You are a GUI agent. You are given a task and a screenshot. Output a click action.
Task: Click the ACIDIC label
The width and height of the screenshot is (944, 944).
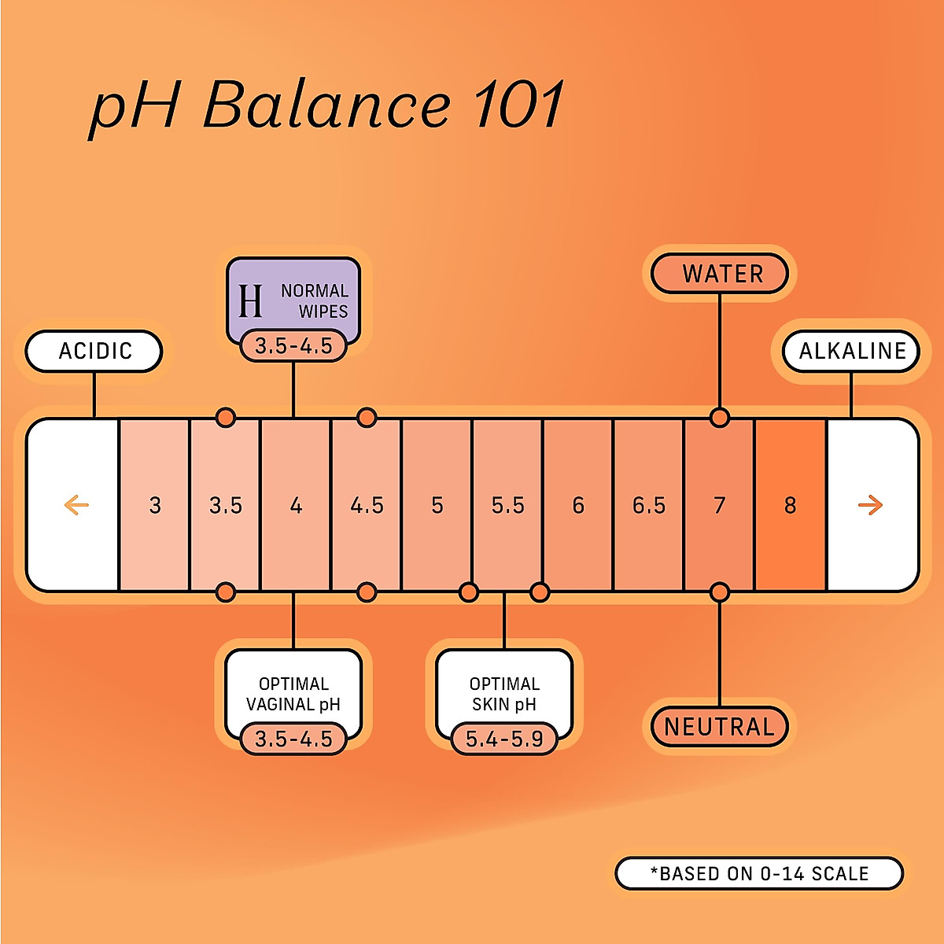(x=94, y=351)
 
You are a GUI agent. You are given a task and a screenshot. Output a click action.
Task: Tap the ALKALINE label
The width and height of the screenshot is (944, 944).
(x=852, y=351)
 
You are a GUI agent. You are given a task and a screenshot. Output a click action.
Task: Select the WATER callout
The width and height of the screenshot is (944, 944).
(x=721, y=274)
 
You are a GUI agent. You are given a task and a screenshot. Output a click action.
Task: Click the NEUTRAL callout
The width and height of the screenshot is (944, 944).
(x=719, y=726)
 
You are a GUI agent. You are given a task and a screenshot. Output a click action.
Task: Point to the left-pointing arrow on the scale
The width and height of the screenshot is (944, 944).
(x=76, y=505)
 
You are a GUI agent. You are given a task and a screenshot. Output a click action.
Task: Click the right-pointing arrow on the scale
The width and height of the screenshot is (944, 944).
(x=870, y=505)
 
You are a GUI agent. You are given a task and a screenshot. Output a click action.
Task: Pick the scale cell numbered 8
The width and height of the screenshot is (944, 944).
(x=790, y=505)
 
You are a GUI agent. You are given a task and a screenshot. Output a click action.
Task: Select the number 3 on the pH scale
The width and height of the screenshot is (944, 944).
(x=155, y=505)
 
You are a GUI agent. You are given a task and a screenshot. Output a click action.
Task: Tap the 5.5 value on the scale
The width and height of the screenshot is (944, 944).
(x=507, y=505)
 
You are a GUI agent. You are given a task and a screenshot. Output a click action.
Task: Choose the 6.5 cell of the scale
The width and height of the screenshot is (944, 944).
(x=649, y=505)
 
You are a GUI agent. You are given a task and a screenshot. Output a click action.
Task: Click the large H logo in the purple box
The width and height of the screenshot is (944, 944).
(x=250, y=301)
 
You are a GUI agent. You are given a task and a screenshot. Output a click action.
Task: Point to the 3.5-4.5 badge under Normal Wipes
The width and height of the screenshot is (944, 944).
(x=293, y=346)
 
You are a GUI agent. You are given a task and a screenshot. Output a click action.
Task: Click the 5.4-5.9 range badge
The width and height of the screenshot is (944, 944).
(x=504, y=739)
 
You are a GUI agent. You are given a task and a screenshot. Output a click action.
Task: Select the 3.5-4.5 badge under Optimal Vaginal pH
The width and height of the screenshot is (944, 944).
(x=293, y=739)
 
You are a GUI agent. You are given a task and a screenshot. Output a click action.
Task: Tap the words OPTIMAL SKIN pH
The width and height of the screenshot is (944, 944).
(x=504, y=694)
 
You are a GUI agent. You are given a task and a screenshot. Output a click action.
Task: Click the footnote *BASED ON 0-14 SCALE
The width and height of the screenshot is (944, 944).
(x=759, y=873)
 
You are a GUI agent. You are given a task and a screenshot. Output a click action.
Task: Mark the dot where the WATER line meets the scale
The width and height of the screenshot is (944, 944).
(x=719, y=418)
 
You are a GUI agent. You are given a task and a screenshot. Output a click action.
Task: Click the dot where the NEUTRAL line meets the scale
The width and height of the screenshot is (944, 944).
(x=719, y=592)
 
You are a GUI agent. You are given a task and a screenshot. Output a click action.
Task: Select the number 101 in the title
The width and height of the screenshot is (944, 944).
(x=519, y=105)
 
